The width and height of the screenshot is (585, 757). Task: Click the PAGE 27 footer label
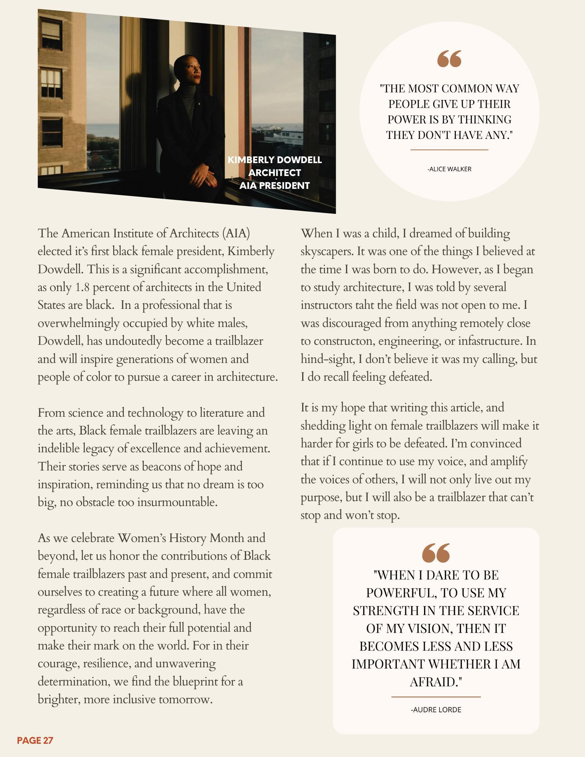pos(35,740)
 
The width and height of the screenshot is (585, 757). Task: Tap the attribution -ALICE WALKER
pos(449,169)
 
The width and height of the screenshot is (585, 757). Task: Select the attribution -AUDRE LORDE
pos(436,710)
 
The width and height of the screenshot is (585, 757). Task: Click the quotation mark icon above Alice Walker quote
pos(449,59)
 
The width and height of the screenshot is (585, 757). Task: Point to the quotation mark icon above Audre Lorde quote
pos(436,553)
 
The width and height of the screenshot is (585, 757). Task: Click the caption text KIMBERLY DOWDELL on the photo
pos(275,160)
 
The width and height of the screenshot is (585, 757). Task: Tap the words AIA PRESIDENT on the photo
pos(275,185)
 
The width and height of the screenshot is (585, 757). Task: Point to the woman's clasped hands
pos(204,175)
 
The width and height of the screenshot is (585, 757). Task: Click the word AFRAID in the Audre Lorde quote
pos(436,682)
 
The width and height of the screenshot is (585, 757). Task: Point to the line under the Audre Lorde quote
pos(436,697)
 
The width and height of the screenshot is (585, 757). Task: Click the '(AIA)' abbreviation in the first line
pos(236,234)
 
